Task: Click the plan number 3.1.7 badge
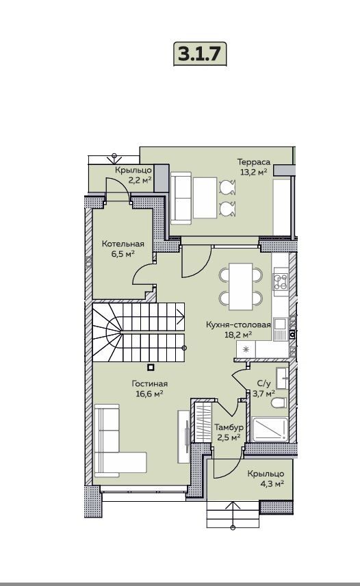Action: (x=200, y=54)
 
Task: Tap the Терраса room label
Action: (x=254, y=162)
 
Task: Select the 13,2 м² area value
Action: (x=254, y=172)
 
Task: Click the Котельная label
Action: (x=123, y=244)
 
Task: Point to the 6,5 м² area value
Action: (x=123, y=254)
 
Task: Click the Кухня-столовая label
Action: (x=238, y=324)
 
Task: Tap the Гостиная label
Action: (x=150, y=383)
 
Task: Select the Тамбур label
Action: (x=229, y=426)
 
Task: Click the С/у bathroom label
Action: (x=263, y=383)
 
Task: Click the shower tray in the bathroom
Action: (x=270, y=429)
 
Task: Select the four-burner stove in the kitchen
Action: (x=280, y=282)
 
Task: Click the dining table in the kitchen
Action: (x=241, y=287)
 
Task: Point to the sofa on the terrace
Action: (x=181, y=198)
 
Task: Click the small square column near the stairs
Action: (x=151, y=368)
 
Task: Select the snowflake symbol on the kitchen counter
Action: (x=246, y=350)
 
